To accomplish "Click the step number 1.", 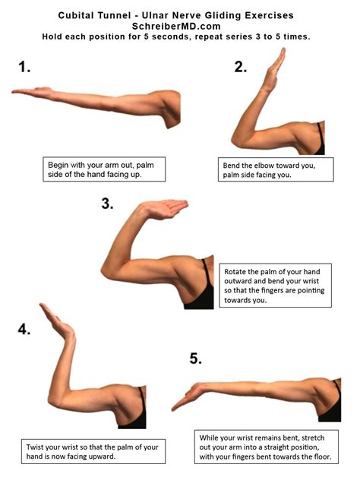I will click(x=25, y=67).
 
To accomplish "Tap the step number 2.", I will click(x=241, y=67).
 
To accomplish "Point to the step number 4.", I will click(x=25, y=329).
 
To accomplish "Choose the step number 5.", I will click(x=195, y=358).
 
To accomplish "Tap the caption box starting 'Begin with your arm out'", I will click(x=104, y=169).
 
